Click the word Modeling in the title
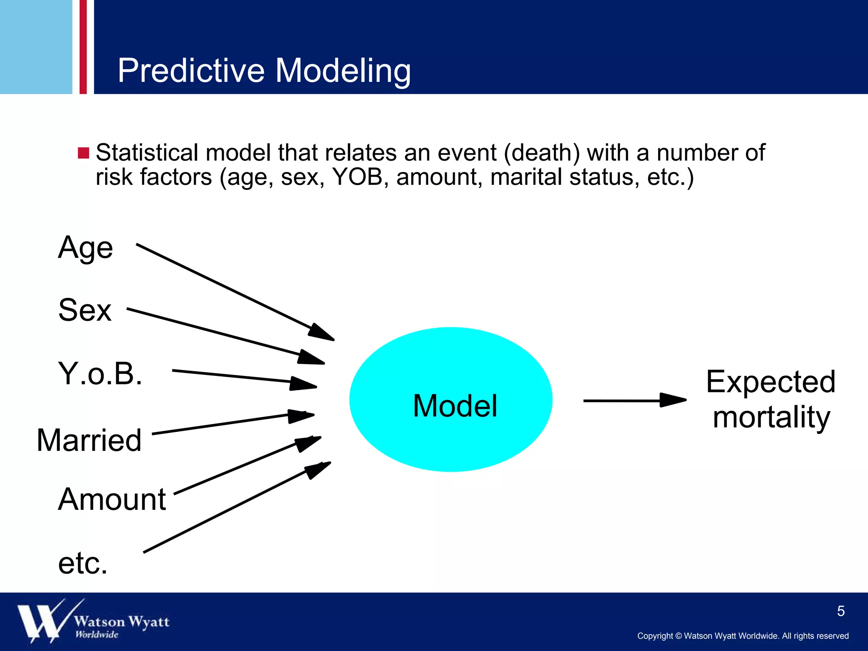[x=343, y=70]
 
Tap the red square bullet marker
[x=83, y=153]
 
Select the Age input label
[x=86, y=248]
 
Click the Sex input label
[x=85, y=310]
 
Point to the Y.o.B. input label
[x=100, y=374]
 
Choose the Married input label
[x=89, y=440]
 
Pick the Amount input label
[x=112, y=499]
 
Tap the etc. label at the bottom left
[x=83, y=564]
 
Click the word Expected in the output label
[x=771, y=382]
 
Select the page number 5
[x=841, y=611]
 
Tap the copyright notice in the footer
[x=743, y=636]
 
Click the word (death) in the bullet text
[x=541, y=153]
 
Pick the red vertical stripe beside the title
[x=83, y=47]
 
